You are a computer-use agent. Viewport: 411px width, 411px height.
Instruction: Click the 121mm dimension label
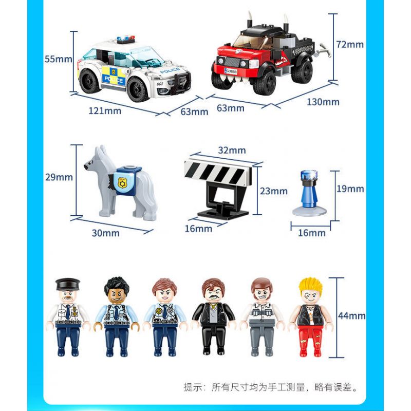(x=105, y=111)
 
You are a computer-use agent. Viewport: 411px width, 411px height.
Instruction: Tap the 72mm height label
(x=350, y=45)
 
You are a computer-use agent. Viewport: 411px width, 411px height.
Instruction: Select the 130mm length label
(x=323, y=102)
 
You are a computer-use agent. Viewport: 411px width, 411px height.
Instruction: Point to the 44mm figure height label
(x=352, y=316)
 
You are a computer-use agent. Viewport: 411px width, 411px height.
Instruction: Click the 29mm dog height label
(x=59, y=177)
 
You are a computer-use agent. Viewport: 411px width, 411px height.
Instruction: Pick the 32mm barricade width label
(x=232, y=150)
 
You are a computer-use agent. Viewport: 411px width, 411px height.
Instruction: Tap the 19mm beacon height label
(x=350, y=189)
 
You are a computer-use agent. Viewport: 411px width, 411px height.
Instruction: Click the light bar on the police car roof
(x=125, y=40)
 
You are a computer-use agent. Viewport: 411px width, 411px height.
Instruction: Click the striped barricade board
(x=217, y=173)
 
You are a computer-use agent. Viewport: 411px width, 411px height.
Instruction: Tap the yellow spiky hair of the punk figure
(x=311, y=286)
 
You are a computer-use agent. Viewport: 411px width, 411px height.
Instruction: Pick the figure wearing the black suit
(x=213, y=316)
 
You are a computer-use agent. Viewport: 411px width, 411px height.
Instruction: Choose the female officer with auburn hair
(x=164, y=317)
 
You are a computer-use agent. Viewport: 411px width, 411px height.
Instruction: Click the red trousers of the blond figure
(x=310, y=341)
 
